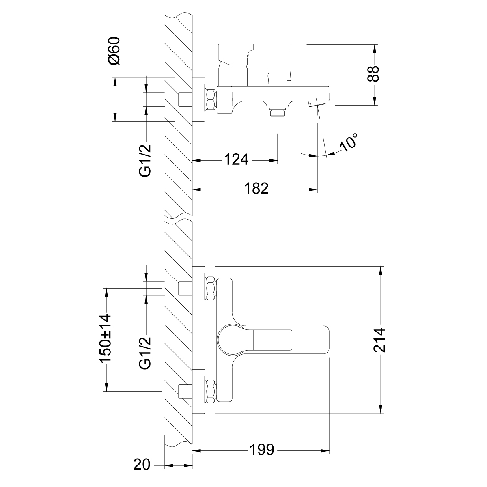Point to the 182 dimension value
(x=256, y=189)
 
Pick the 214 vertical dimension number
(x=380, y=340)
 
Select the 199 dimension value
(x=262, y=450)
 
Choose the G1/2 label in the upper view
(x=145, y=160)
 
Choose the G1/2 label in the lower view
(x=145, y=352)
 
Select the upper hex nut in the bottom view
(x=210, y=288)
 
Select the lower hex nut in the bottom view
(x=210, y=391)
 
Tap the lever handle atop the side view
(x=255, y=49)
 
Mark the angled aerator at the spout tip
(x=316, y=104)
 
